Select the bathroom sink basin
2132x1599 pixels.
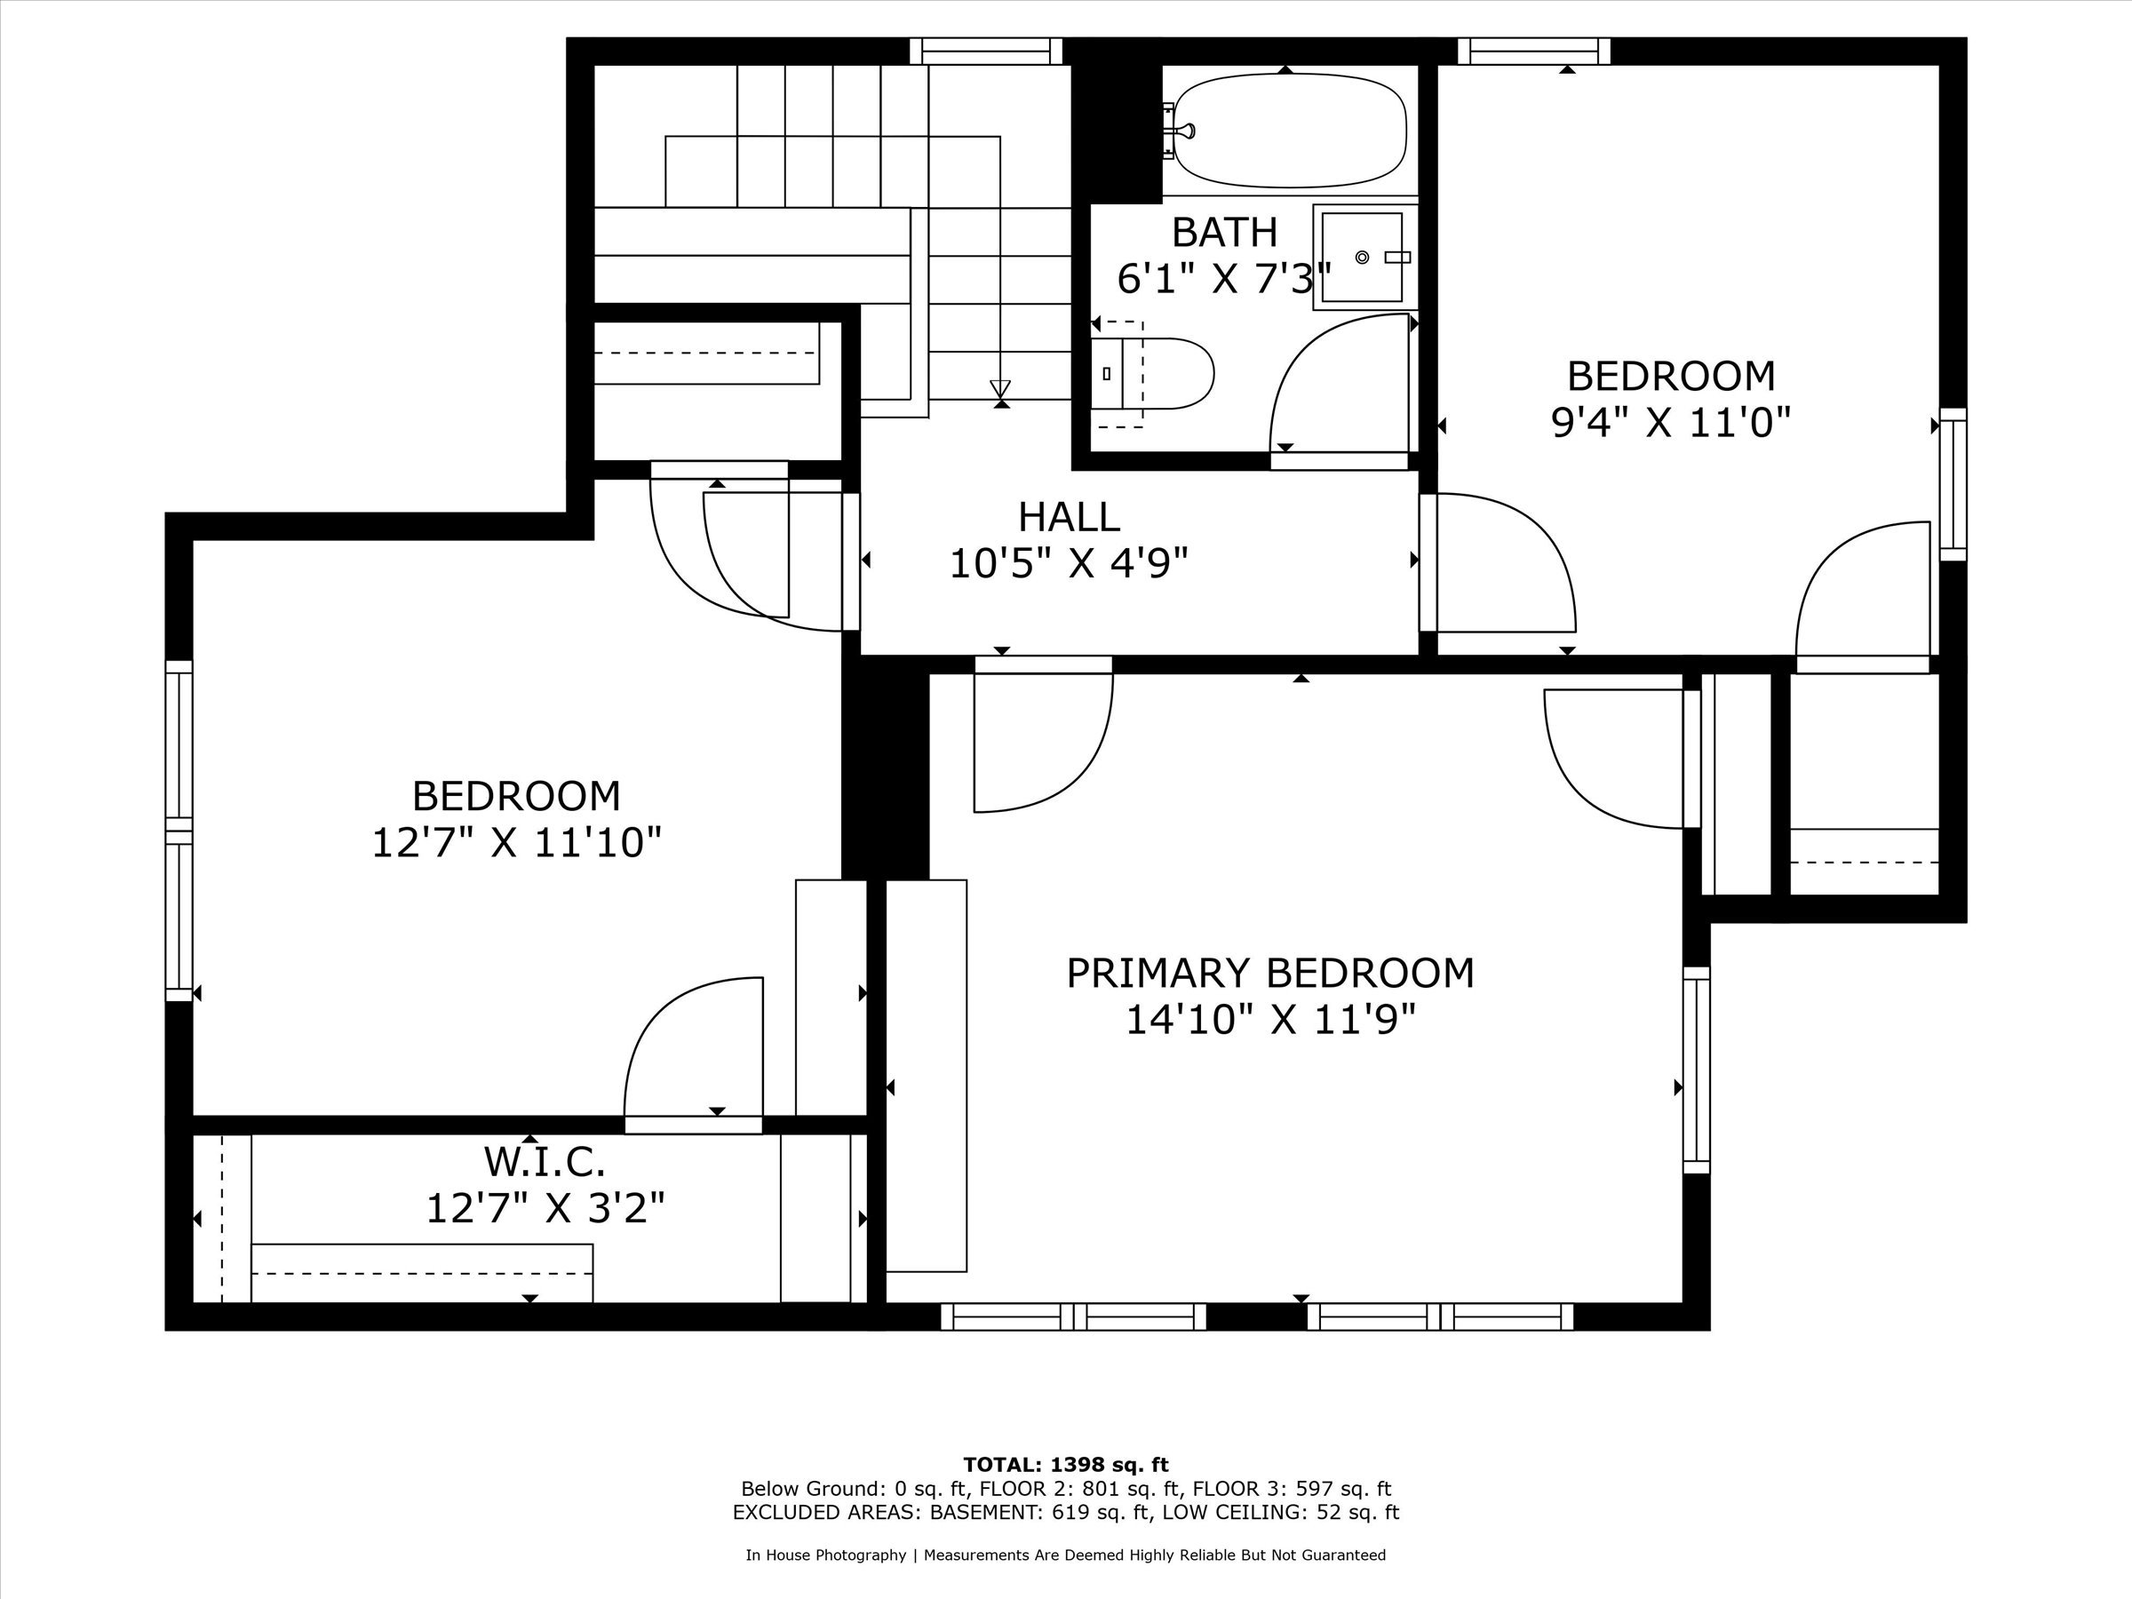[1362, 257]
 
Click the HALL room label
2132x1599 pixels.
[1069, 518]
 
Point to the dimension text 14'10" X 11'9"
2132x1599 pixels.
[1270, 1020]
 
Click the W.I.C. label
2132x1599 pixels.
[545, 1161]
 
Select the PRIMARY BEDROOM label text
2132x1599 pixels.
[1270, 974]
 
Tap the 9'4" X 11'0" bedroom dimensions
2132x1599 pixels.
[1670, 422]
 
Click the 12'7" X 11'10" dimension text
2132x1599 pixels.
[517, 843]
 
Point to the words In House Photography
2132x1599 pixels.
[825, 1555]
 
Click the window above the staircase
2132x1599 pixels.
[986, 52]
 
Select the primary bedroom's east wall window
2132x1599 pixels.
[1697, 1070]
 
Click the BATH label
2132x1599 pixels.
[1224, 232]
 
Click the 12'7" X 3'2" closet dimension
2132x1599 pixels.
[545, 1207]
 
